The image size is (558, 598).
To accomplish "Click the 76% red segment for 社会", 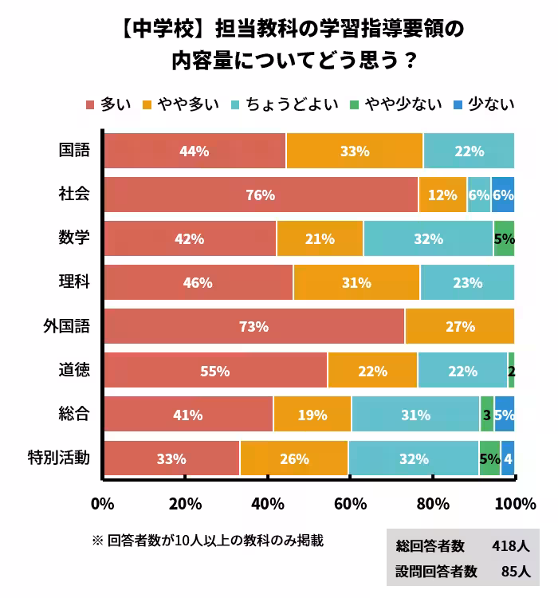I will (x=261, y=195).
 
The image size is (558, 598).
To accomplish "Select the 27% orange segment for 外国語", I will (x=459, y=326).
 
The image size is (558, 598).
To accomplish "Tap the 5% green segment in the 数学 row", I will (x=504, y=238).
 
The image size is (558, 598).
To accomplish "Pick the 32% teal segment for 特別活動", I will (x=413, y=458).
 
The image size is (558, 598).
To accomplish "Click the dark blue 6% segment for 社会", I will (x=503, y=195).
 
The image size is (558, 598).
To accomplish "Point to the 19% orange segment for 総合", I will (x=312, y=415).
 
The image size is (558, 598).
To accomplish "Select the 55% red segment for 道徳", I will (x=215, y=371).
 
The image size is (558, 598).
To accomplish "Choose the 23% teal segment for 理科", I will (x=467, y=282).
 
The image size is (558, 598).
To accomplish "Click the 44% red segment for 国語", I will (x=195, y=151).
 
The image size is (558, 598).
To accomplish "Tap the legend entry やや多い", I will (x=180, y=104).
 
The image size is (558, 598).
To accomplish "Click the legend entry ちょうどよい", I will (x=292, y=104).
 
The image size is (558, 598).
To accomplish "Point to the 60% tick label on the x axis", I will (x=350, y=504).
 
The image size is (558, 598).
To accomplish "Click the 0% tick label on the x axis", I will (x=103, y=504).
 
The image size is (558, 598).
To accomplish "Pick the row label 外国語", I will (x=66, y=326).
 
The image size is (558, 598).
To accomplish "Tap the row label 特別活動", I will (x=59, y=458).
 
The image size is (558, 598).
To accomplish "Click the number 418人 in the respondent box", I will (x=510, y=546).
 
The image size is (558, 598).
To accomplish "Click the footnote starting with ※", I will (x=207, y=540).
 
